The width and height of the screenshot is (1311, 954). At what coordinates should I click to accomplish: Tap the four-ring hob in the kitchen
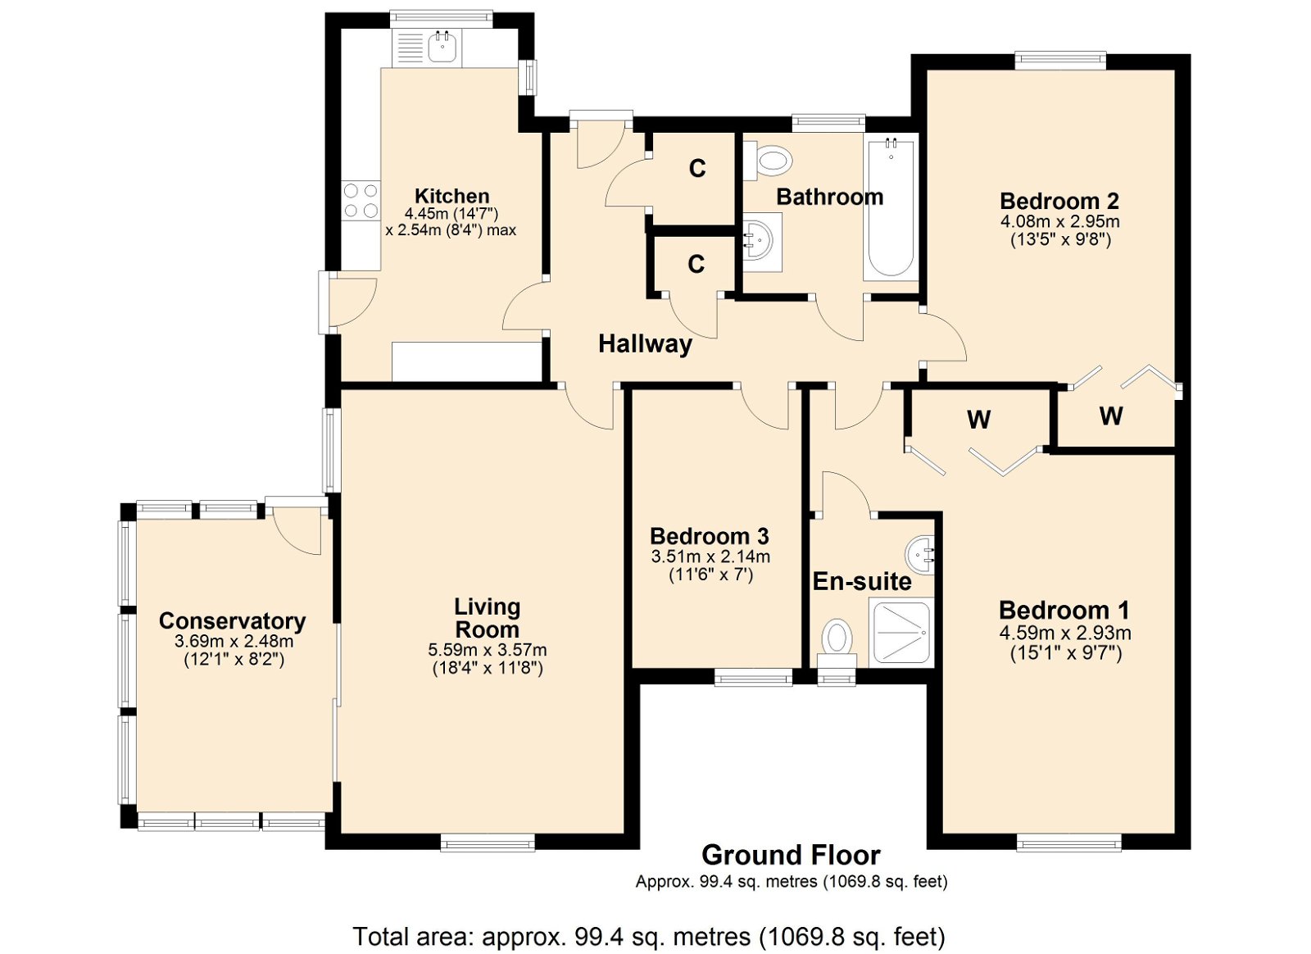361,201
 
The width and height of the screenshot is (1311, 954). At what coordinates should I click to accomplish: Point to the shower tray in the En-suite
900,632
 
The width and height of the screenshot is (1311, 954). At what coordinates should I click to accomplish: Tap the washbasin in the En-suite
919,554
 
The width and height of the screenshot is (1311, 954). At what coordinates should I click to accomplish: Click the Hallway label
645,344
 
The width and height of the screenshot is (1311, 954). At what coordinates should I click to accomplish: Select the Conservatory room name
233,621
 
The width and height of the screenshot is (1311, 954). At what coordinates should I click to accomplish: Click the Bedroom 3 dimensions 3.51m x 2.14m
710,556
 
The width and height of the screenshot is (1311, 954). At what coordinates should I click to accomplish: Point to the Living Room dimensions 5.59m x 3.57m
488,650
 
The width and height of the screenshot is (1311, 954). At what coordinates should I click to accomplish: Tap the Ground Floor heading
791,855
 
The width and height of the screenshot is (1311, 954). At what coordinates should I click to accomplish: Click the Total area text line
649,936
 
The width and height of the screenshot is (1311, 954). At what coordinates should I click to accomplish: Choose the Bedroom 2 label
1059,201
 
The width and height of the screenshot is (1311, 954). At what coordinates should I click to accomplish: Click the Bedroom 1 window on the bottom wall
1068,843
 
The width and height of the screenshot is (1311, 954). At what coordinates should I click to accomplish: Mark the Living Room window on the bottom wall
488,843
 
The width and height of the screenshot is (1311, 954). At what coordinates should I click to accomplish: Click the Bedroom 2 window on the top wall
1060,61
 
